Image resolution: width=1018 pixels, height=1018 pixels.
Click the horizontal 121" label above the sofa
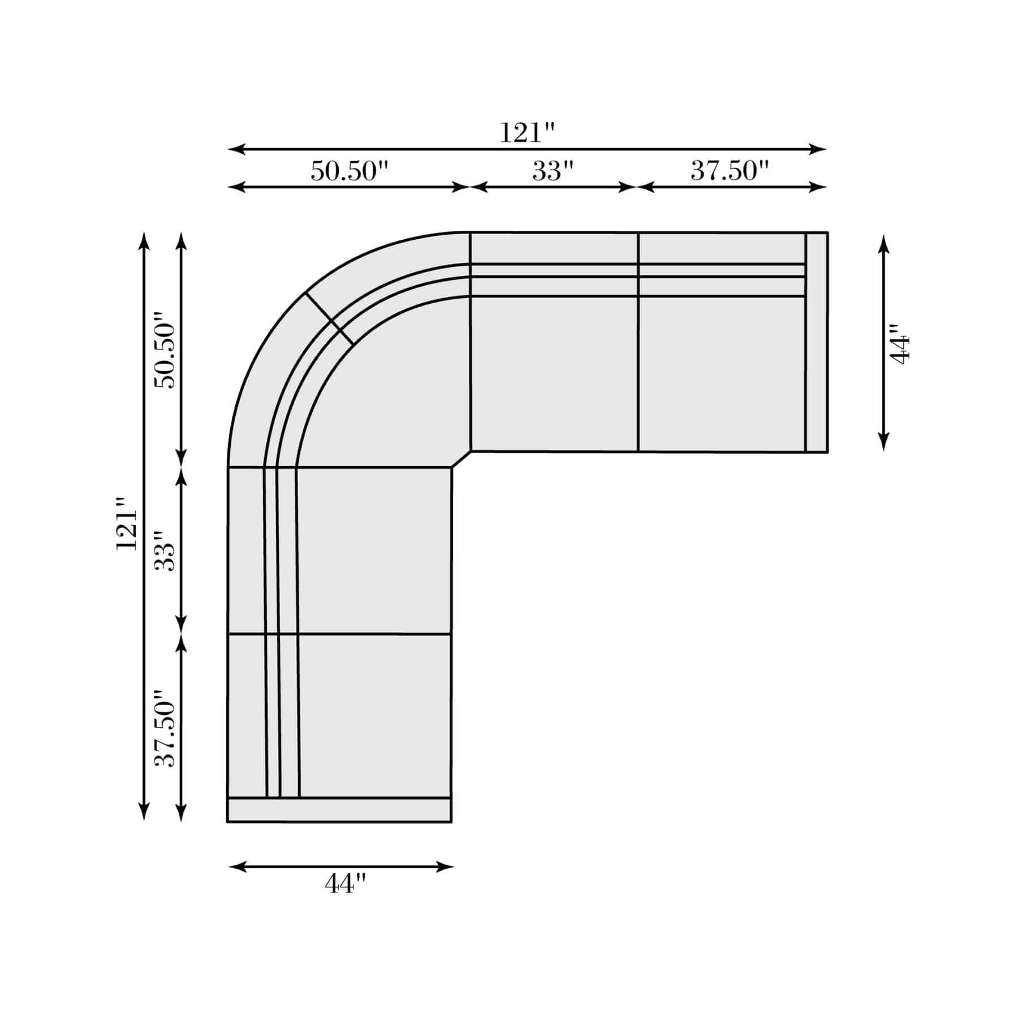tap(527, 133)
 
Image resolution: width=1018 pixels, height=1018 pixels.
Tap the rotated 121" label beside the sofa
tap(127, 523)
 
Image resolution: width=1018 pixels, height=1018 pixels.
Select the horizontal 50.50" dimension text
tap(350, 171)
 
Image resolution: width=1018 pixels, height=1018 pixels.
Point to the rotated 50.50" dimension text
tap(166, 350)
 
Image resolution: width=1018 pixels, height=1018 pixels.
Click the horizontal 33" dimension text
tap(553, 171)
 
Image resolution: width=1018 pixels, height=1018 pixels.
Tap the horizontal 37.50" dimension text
tap(730, 171)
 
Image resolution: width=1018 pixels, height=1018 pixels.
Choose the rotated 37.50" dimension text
tap(166, 727)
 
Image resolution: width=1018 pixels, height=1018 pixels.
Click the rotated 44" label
tap(900, 344)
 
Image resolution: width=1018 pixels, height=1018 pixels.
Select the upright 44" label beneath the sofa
tap(346, 883)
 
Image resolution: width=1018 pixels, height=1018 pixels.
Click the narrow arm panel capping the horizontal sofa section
tap(816, 342)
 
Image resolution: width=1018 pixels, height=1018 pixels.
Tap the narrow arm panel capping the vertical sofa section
tap(339, 809)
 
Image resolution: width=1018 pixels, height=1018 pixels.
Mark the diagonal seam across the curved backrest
tap(330, 318)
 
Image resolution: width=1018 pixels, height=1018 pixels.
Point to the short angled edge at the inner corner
tap(461, 459)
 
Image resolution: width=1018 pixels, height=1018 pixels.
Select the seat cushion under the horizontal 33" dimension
tap(554, 373)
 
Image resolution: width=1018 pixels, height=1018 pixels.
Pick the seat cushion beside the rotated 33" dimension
tap(373, 550)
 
